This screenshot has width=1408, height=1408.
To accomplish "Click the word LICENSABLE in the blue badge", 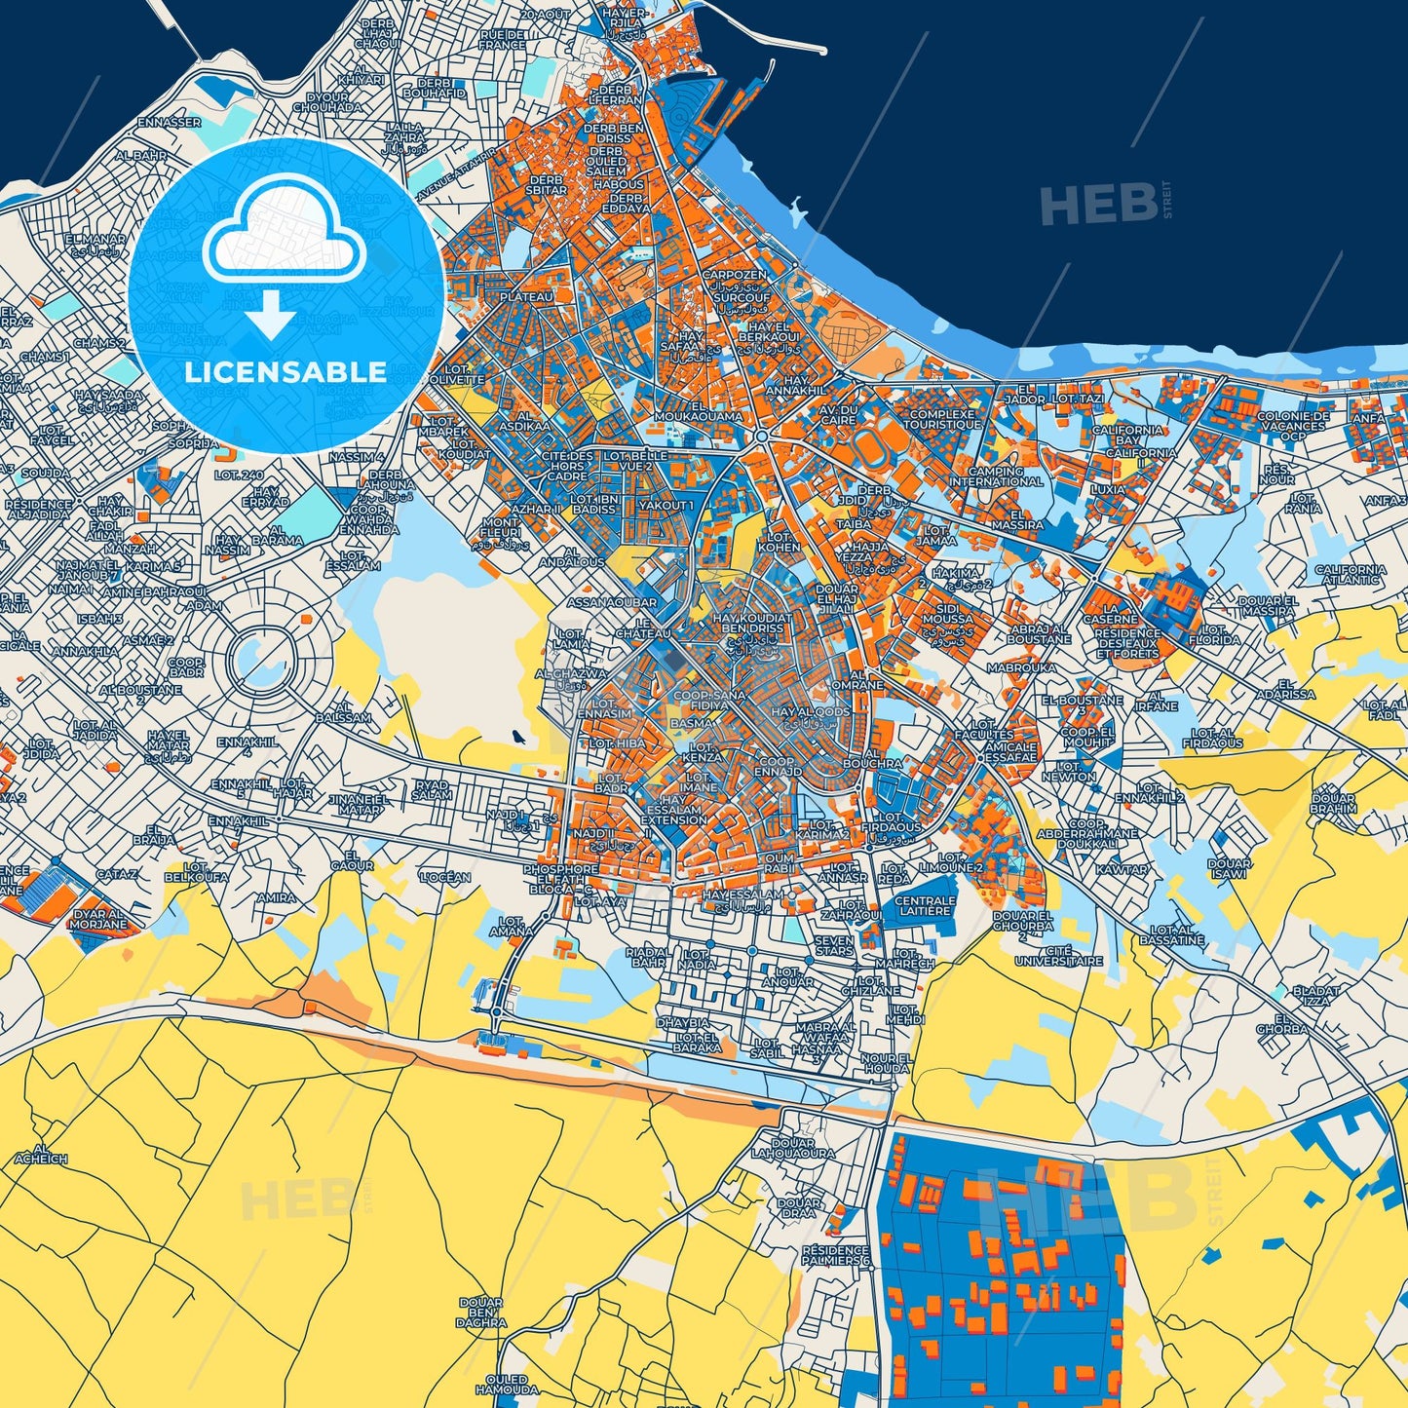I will coord(285,372).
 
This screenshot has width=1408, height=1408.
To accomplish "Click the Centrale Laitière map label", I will coord(925,906).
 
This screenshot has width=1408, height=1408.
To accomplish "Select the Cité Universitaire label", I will coord(1059,955).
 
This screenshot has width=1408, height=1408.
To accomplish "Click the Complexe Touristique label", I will coord(941,420).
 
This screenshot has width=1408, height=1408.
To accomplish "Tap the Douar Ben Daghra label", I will coord(481,1313).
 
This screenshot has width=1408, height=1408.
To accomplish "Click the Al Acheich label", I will coord(41,1154).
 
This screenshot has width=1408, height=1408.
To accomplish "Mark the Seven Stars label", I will coord(834,945).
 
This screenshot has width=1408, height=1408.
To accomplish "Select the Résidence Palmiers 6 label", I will coord(835,1255).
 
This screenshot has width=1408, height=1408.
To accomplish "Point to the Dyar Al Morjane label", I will coord(99,919).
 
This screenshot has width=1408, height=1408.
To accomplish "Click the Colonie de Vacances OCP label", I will coord(1293,426).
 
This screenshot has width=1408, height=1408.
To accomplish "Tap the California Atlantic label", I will coord(1351,575).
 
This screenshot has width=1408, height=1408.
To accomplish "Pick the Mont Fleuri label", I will coord(502,528).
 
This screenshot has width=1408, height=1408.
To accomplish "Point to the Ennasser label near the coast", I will coord(169,123).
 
